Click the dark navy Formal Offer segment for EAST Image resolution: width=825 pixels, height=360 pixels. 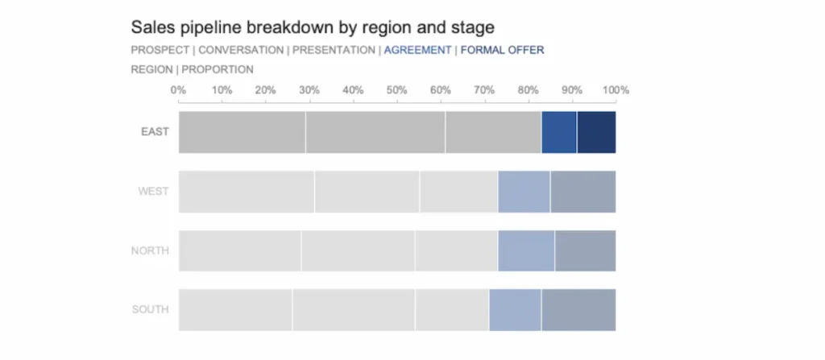click(596, 132)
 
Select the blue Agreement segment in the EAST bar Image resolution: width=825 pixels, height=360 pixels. click(559, 132)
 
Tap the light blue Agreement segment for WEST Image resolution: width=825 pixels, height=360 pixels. click(524, 192)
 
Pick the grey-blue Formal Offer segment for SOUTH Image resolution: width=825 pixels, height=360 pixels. click(578, 310)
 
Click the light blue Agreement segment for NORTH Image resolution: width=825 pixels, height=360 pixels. click(526, 251)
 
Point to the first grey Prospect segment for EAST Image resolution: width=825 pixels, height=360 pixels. click(242, 132)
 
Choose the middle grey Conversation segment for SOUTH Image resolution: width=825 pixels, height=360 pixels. click(353, 310)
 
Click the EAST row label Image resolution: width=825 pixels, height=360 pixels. click(154, 132)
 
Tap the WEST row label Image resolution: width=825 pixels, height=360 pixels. click(153, 192)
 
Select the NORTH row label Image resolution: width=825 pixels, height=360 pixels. click(150, 251)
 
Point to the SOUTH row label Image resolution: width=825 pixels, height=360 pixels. click(150, 310)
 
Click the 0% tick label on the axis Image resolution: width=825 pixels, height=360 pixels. click(178, 89)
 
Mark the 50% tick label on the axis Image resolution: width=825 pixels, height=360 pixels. click(396, 89)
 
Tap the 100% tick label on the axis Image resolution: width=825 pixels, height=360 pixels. click(616, 89)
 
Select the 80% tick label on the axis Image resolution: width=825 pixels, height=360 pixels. click(528, 89)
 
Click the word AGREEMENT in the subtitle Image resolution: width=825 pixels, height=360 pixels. click(417, 50)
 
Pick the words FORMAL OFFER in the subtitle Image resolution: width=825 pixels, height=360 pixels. click(502, 50)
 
